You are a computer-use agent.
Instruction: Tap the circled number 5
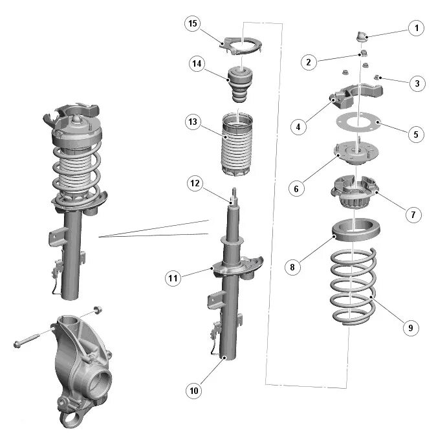coord(416,135)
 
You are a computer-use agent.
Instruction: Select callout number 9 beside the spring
coord(409,328)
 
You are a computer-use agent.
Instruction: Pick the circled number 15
coord(191,24)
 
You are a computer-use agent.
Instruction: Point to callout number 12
coord(195,183)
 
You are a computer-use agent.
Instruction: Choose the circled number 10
coord(195,390)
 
